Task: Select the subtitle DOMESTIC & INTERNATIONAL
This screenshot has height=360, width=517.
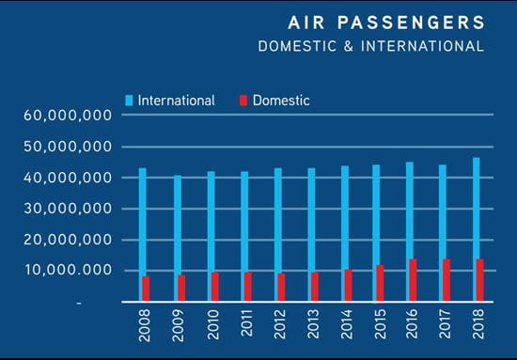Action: (371, 46)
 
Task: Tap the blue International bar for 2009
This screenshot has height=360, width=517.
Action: (177, 226)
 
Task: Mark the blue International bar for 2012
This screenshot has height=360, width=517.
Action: (276, 221)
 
